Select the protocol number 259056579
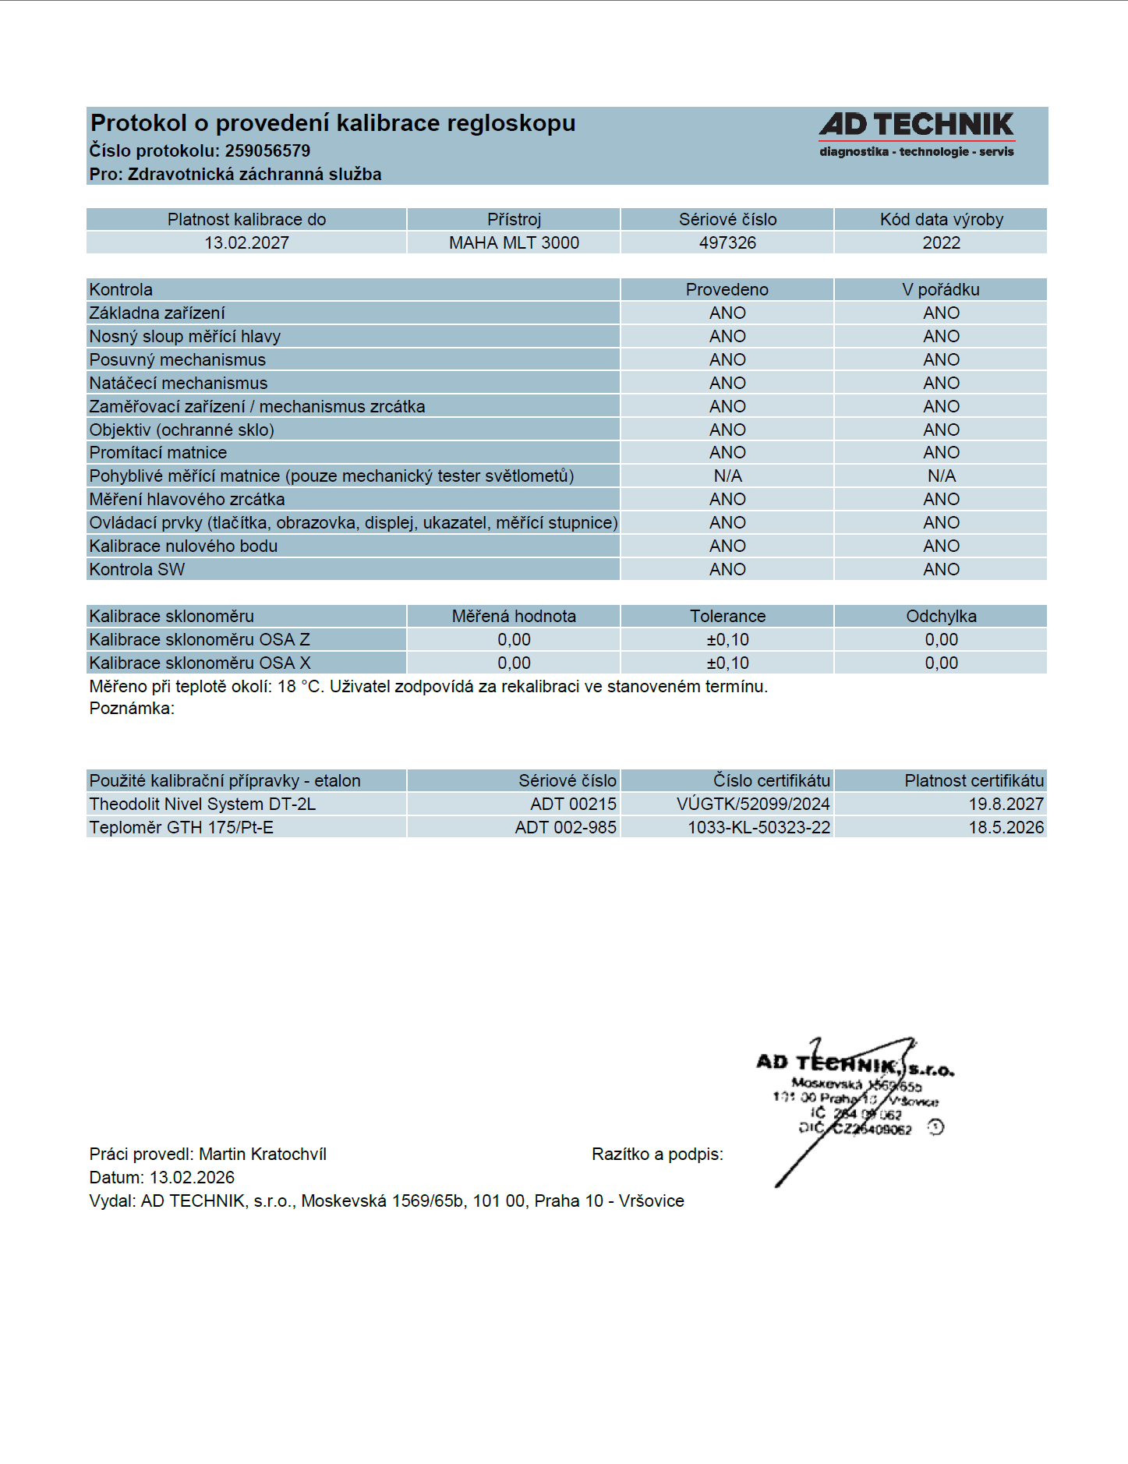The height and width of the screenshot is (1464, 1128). (x=267, y=151)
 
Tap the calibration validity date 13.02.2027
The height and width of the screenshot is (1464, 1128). (x=246, y=243)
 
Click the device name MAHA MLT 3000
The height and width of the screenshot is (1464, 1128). (x=514, y=243)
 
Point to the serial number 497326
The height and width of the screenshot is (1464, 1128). (x=727, y=243)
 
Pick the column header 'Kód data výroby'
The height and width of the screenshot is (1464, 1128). (x=941, y=220)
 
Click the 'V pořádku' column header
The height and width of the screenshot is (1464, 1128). (x=941, y=290)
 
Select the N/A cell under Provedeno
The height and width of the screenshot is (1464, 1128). (x=727, y=476)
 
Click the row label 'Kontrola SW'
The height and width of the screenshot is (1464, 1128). (x=137, y=570)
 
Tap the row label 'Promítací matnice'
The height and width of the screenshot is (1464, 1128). (x=158, y=453)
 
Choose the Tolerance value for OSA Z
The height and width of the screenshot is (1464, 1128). (x=727, y=640)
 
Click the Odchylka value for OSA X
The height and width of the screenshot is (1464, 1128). (x=941, y=663)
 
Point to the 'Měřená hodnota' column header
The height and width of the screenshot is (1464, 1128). (x=514, y=617)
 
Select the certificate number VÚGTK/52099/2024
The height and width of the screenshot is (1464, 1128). (x=753, y=804)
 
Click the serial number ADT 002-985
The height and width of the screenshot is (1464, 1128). (x=565, y=828)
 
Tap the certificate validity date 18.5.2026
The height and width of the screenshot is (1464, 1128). (x=1006, y=828)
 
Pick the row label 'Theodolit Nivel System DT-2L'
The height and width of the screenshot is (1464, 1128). (x=203, y=804)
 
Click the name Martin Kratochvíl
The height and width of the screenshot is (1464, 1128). (x=263, y=1155)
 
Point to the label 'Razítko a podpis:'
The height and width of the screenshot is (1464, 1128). (x=657, y=1155)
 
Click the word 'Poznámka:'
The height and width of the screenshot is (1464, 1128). (x=132, y=709)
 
